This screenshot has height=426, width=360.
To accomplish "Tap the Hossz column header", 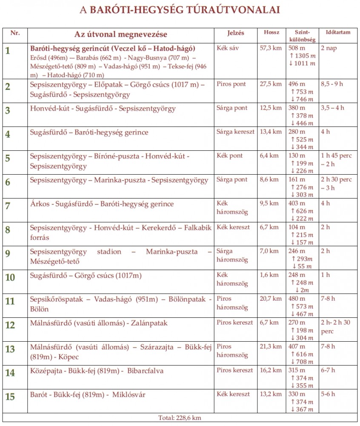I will (x=271, y=32).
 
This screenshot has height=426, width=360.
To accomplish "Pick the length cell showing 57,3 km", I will (x=271, y=48).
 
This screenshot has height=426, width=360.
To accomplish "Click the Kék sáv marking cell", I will (x=228, y=48).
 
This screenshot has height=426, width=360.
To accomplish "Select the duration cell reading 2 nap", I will (x=329, y=48).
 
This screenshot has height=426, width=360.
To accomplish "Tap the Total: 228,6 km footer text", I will (x=180, y=418).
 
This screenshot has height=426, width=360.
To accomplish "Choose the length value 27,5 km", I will (x=271, y=84).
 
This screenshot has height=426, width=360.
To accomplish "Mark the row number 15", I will (x=10, y=397).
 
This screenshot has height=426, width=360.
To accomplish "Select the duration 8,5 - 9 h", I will (x=332, y=84).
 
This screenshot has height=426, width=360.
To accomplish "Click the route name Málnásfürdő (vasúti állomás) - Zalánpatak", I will (x=99, y=323).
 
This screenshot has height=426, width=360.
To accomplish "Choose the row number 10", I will (x=10, y=277).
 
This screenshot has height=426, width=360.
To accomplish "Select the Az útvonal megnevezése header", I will (x=121, y=34).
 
